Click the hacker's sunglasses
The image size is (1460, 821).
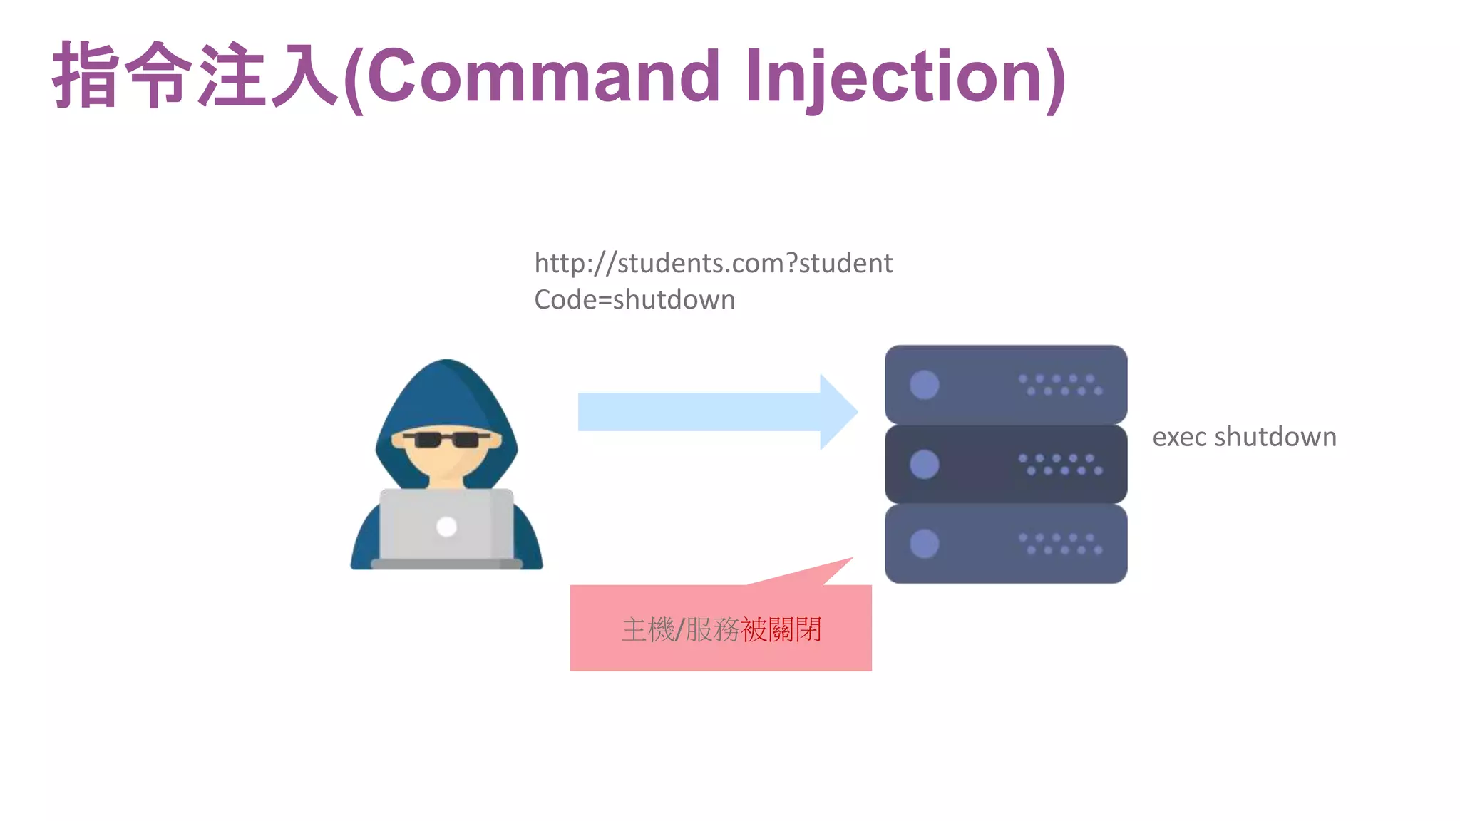(447, 439)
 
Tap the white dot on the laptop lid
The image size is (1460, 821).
(446, 527)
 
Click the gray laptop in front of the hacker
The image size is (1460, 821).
(446, 527)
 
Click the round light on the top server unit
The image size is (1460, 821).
(924, 385)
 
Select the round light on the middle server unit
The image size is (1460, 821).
(924, 465)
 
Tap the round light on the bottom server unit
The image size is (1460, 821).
(924, 544)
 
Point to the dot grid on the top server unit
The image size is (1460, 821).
(1060, 385)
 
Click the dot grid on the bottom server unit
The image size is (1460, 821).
(1060, 544)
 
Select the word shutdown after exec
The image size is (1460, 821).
(1275, 436)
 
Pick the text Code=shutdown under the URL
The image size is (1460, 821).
(634, 300)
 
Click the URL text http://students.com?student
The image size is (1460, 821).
(713, 264)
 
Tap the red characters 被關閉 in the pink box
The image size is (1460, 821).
(781, 629)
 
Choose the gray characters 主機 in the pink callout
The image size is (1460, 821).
(647, 629)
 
